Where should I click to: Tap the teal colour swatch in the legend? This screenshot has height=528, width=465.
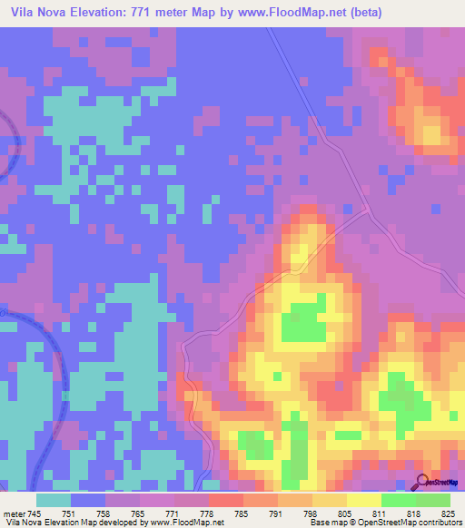click(x=54, y=499)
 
